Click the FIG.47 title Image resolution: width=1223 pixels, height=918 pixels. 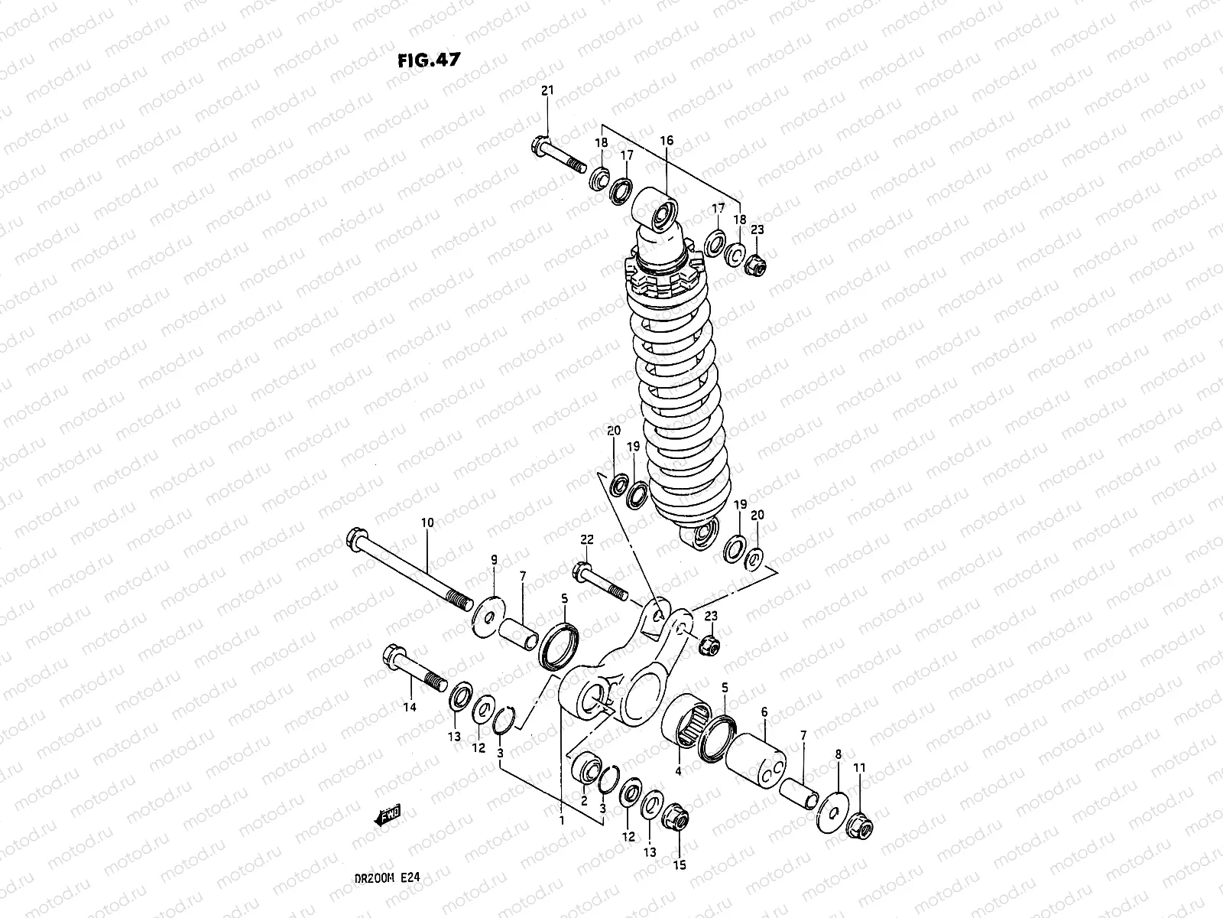point(428,60)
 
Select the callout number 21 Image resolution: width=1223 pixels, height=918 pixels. point(547,91)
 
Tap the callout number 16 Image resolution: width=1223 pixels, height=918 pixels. point(667,140)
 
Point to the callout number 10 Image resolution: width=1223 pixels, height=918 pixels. point(427,523)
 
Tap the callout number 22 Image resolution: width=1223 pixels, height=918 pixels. point(586,539)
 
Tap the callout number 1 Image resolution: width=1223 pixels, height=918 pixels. point(561,820)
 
